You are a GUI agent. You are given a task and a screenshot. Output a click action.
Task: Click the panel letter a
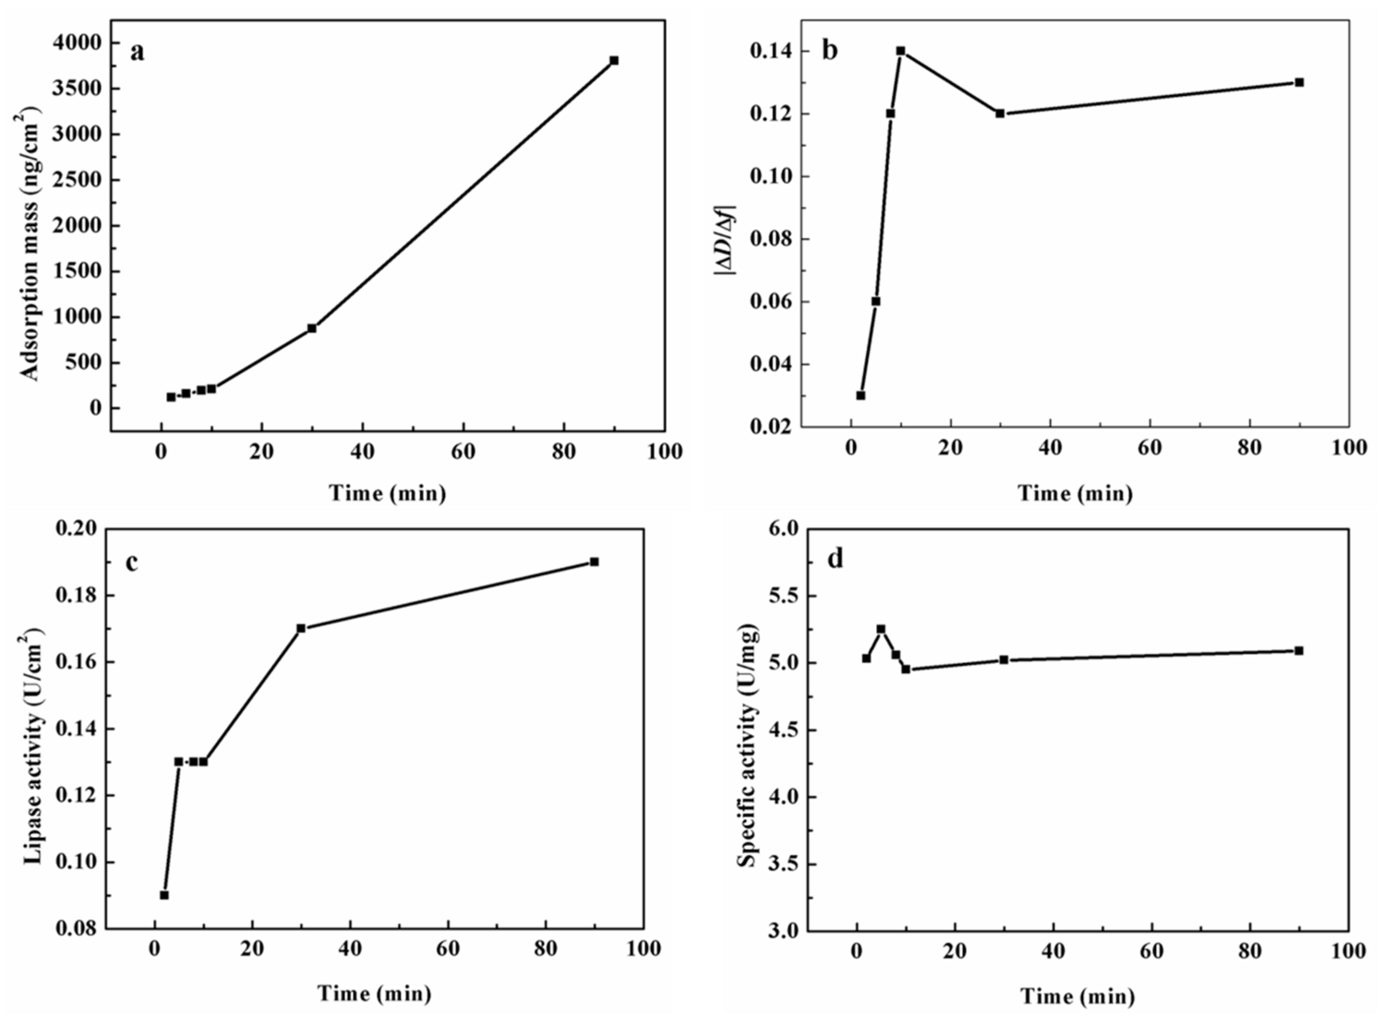pyautogui.click(x=137, y=52)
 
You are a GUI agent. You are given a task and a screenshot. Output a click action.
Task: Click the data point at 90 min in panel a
pyautogui.click(x=614, y=60)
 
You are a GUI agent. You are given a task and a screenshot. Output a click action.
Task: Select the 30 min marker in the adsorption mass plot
pyautogui.click(x=312, y=328)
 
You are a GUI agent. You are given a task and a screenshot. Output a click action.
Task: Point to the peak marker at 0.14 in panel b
pyautogui.click(x=901, y=51)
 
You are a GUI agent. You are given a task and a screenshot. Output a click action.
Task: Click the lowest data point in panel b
pyautogui.click(x=860, y=395)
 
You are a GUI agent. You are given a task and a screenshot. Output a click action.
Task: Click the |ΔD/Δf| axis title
pyautogui.click(x=726, y=240)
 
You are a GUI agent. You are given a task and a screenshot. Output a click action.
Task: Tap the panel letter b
pyautogui.click(x=829, y=50)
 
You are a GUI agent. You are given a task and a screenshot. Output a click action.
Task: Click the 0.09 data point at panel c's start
pyautogui.click(x=164, y=895)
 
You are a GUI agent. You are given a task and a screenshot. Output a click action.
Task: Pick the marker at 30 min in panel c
pyautogui.click(x=301, y=628)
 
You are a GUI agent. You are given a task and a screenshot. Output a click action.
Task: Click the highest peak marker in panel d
pyautogui.click(x=881, y=629)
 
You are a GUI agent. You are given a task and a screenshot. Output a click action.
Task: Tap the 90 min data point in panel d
pyautogui.click(x=1298, y=650)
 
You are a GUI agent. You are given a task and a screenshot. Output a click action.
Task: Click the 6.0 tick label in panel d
pyautogui.click(x=782, y=529)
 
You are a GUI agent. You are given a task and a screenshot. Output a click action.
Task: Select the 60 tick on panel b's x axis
pyautogui.click(x=1149, y=447)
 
